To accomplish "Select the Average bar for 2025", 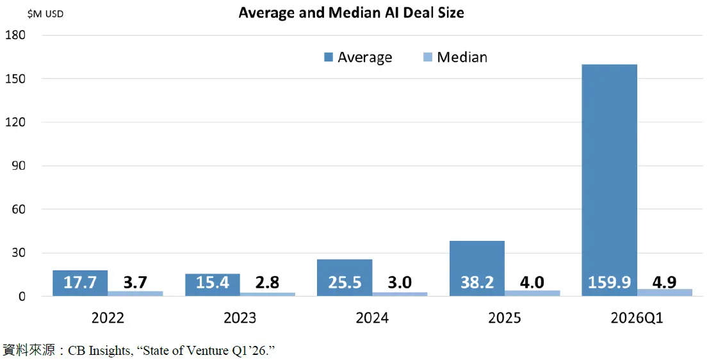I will click(477, 259).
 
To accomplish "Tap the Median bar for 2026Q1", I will click(665, 292).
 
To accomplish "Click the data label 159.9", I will click(609, 282).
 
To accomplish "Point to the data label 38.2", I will click(477, 282).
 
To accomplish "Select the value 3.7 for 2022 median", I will click(135, 282).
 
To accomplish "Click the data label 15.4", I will click(213, 282).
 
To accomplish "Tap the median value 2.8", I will click(267, 282).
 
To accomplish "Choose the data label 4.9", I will click(665, 282).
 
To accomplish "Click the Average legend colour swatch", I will click(329, 58).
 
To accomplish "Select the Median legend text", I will click(462, 58).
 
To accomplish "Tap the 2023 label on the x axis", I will click(240, 318).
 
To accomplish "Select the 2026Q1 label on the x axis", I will click(637, 318).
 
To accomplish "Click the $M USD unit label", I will click(45, 14).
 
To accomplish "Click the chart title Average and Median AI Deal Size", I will click(351, 13).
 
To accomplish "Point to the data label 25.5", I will click(345, 282).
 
